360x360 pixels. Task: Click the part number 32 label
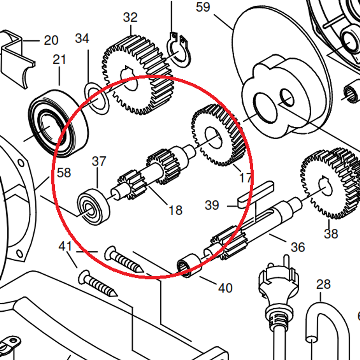coord(130,17)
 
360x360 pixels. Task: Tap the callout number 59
coord(203,7)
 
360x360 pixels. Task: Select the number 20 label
coord(51,40)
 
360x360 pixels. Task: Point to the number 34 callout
coord(82,38)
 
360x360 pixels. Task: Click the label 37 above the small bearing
coord(99,161)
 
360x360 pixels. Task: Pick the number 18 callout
coord(176,210)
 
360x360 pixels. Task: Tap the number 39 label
coord(212,205)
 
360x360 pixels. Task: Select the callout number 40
coord(225,288)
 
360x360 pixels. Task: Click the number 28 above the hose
coord(324,284)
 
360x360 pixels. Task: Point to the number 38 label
coord(331,234)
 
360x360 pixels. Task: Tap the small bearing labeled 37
coord(93,207)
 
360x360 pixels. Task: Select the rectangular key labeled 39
coord(256,194)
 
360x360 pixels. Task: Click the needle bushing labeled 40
coord(189,266)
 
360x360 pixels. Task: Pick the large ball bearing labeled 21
coord(58,124)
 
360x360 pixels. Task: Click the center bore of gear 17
coord(214,138)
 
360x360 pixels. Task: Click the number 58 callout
coord(64,173)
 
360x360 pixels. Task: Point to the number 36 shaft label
coord(298,247)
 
